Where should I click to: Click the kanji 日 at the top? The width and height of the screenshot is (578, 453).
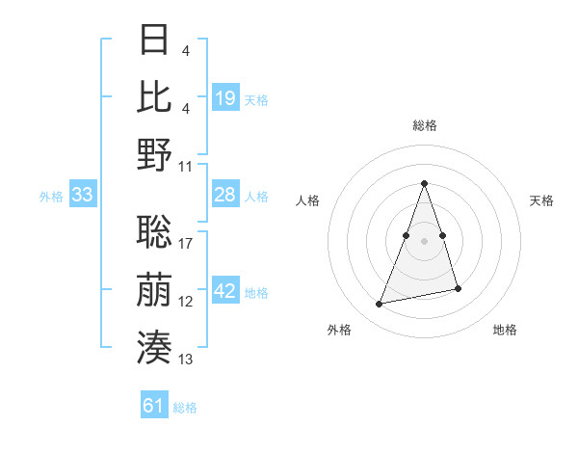coord(155,40)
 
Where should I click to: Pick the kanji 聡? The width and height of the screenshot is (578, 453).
coord(155,230)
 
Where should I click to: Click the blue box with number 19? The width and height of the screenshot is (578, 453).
coord(224,98)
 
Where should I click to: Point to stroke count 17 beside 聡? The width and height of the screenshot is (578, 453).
coord(186,244)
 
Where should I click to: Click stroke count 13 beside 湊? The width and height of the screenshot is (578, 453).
coord(186,360)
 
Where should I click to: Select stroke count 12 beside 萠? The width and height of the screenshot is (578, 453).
coord(186,302)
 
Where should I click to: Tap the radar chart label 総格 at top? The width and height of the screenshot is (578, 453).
coord(424,125)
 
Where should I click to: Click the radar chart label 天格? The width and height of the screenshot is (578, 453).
coord(542,200)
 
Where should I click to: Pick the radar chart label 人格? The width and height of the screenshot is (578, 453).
coord(307,200)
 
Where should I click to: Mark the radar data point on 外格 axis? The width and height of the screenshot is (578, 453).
coord(380,305)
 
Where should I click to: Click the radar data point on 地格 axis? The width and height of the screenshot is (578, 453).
coord(458,289)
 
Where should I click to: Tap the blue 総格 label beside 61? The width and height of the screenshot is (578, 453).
coord(185,408)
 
